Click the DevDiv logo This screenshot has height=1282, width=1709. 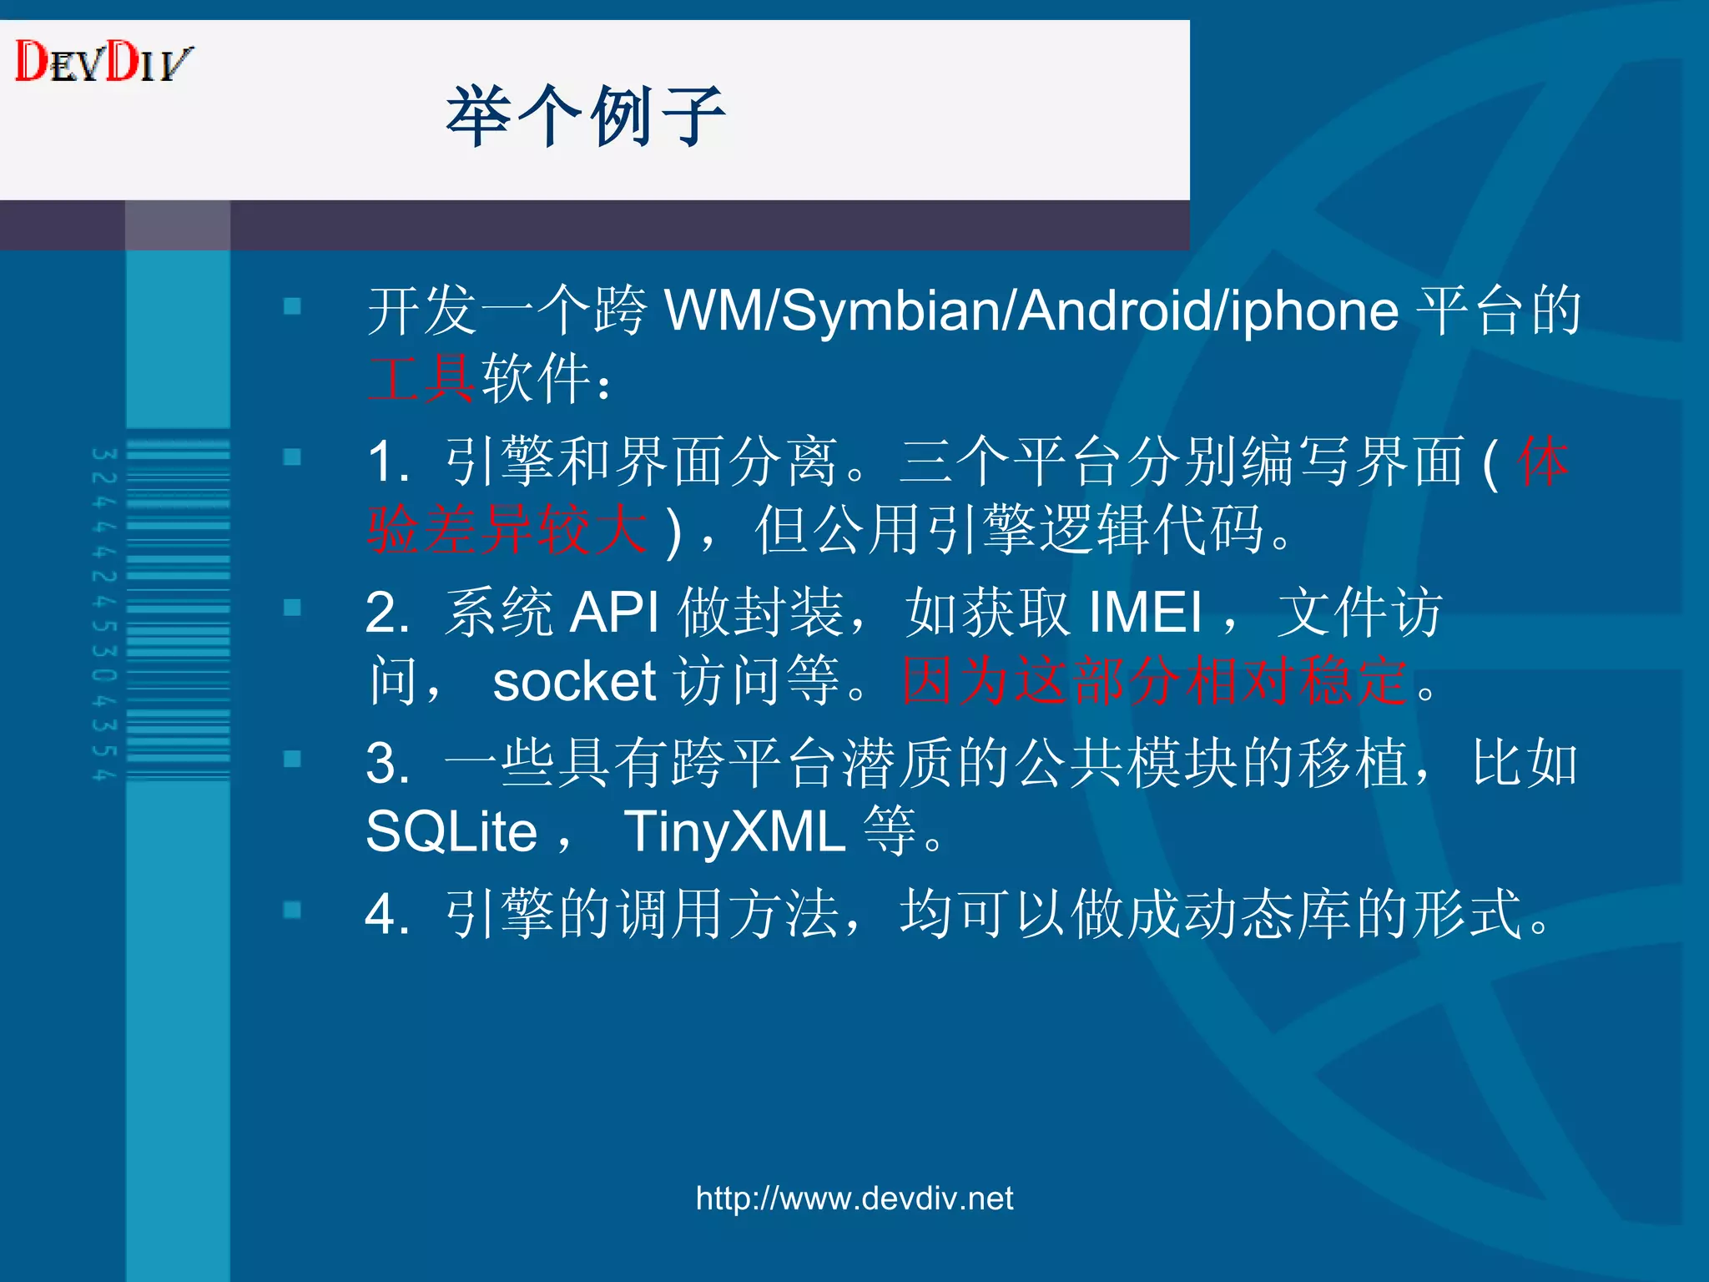coord(103,62)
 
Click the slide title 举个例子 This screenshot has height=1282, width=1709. coord(585,116)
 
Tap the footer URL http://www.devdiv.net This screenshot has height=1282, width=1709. coord(854,1199)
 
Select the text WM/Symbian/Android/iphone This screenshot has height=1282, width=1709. coord(1031,310)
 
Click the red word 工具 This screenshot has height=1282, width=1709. coord(422,379)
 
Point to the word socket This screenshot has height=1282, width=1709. coord(574,681)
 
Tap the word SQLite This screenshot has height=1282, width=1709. coord(451,832)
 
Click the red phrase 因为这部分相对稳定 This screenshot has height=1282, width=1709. coord(1156,681)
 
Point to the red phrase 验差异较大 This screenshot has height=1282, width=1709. coord(507,530)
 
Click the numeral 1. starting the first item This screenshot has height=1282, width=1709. coord(388,462)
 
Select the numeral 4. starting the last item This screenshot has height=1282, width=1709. coord(386,914)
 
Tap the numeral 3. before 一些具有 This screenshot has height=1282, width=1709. coord(386,764)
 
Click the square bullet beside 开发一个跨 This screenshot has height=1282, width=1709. coord(292,306)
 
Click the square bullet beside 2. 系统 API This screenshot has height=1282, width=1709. coord(292,608)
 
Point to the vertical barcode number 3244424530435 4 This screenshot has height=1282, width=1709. coord(103,613)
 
